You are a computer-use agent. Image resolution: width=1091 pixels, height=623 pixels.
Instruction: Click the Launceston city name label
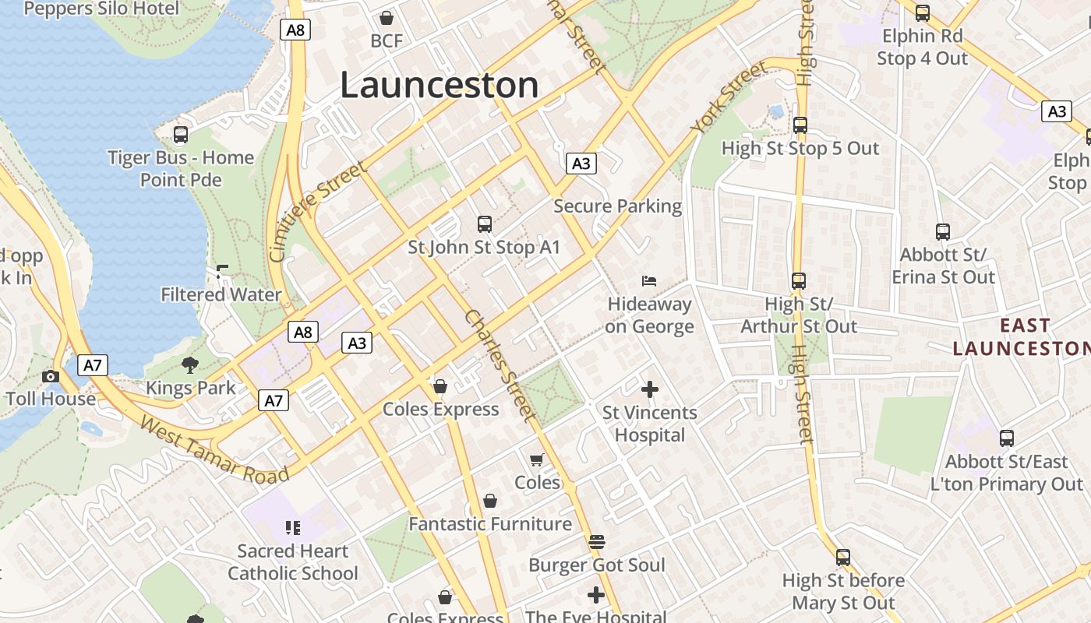coord(439,85)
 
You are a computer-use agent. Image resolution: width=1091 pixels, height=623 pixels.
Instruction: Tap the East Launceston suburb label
coord(1021,336)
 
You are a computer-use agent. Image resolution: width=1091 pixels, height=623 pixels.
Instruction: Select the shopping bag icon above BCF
coord(387,18)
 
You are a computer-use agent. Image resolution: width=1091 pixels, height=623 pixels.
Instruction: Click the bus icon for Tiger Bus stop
coord(181,135)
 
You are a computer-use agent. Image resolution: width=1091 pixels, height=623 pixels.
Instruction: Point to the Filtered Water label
coord(221,294)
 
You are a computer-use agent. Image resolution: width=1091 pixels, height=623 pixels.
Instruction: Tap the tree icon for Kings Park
coord(190,364)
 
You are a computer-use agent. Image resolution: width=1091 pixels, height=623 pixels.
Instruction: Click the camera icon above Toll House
coord(51,376)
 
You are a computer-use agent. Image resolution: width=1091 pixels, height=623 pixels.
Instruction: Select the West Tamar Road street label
coord(214,449)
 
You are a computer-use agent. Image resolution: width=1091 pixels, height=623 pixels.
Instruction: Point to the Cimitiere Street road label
coord(316,212)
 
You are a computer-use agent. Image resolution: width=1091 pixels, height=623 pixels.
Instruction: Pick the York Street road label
coord(729,98)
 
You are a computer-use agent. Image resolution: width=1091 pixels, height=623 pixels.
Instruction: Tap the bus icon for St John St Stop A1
coord(485,224)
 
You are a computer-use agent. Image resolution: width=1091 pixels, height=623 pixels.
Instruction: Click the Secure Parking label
coord(617,206)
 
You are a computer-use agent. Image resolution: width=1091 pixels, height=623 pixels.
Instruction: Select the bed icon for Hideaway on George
coord(649,280)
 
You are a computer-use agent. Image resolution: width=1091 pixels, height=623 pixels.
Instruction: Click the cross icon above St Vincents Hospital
coord(649,389)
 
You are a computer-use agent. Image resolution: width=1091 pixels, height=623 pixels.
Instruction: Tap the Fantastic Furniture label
coord(490,524)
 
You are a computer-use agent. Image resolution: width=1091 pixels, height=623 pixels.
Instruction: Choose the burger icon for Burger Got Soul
coord(597,541)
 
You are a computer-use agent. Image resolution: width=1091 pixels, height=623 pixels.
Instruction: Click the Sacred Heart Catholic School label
coord(293,562)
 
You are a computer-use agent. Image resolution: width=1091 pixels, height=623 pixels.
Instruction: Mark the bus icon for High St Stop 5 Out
coord(800,125)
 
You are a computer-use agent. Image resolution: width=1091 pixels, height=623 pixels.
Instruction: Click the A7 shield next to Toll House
coord(93,365)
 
